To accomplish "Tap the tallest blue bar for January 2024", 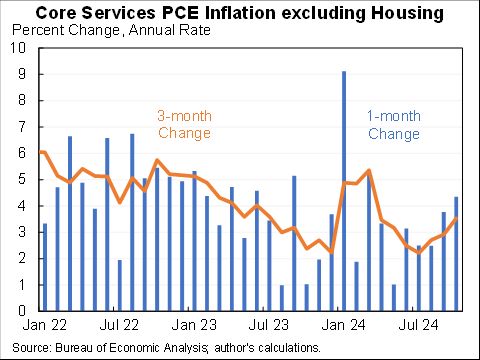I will click(344, 190).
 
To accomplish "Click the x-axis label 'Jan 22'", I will click(44, 325).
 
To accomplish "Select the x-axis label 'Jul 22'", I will click(119, 325).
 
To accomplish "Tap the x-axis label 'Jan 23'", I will click(194, 325).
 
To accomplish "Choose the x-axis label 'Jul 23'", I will click(269, 325).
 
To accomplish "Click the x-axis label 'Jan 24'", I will click(344, 325).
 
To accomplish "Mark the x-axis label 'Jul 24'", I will click(419, 325).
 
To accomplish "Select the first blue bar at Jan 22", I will click(44, 267).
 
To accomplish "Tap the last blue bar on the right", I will click(457, 254).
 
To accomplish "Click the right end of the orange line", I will click(457, 220).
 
